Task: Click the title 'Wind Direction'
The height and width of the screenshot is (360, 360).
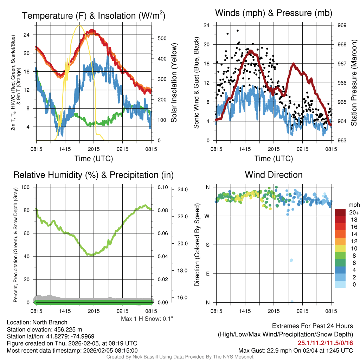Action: click(x=274, y=175)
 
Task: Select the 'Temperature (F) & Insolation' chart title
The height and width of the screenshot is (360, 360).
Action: click(x=94, y=16)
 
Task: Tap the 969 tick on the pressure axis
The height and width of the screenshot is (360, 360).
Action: click(x=342, y=25)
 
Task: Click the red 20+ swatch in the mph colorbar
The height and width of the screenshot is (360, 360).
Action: click(x=341, y=212)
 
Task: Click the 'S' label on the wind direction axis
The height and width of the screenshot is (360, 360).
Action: click(x=208, y=245)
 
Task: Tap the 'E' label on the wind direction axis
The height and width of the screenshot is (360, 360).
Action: click(x=208, y=274)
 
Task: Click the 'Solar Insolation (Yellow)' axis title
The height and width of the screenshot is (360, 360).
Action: click(x=174, y=83)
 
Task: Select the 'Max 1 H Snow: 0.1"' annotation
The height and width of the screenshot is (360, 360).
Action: click(x=147, y=319)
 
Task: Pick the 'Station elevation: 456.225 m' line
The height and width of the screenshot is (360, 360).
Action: click(x=44, y=329)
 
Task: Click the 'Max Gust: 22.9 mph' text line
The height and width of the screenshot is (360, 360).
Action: click(x=295, y=350)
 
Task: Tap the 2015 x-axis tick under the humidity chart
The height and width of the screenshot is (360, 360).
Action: click(x=94, y=311)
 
